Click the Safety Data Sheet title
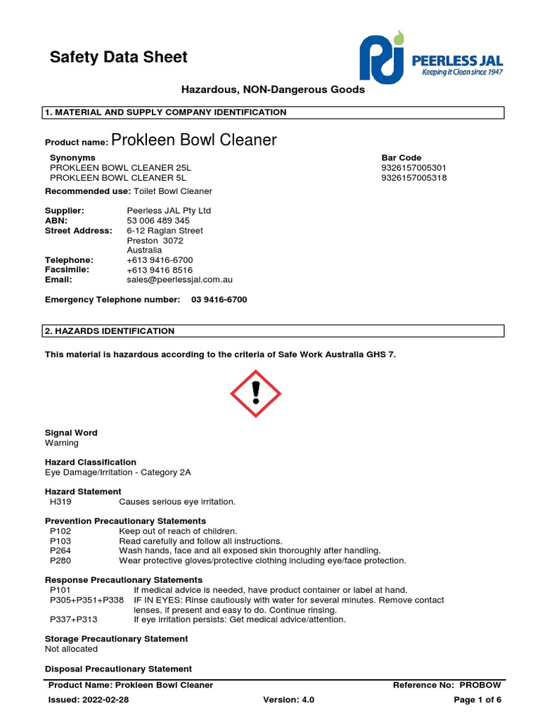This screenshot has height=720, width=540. [118, 57]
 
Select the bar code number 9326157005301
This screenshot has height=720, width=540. [413, 168]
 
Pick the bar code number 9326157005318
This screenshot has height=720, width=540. [413, 178]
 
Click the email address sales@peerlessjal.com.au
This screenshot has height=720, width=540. [179, 280]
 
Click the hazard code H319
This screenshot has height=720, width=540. [60, 502]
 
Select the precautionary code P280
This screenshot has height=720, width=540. [60, 561]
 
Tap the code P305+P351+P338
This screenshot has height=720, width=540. [86, 600]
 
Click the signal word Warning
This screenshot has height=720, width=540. [62, 443]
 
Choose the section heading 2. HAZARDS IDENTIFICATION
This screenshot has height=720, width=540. [110, 331]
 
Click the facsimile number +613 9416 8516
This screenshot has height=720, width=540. [160, 270]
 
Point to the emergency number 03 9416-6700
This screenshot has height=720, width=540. [219, 300]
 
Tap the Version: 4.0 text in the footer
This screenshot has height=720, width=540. [288, 700]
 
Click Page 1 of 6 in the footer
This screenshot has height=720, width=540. [477, 700]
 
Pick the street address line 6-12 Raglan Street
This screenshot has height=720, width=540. [165, 231]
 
